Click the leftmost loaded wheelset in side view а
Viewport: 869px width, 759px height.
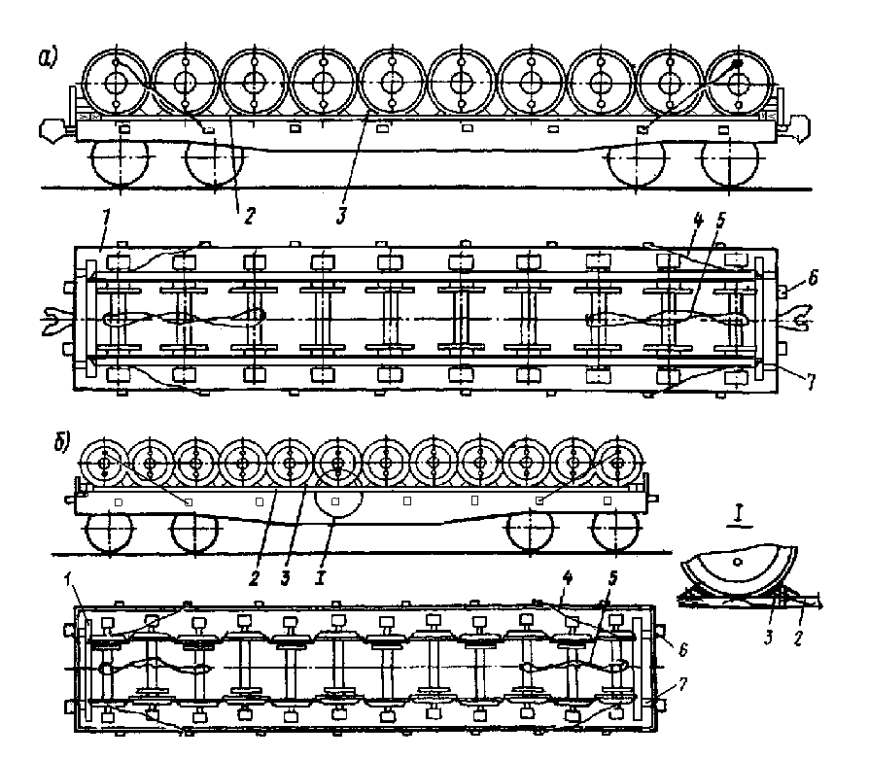coord(116,82)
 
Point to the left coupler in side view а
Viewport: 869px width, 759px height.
coord(51,127)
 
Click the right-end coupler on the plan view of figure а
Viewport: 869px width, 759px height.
coord(799,314)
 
